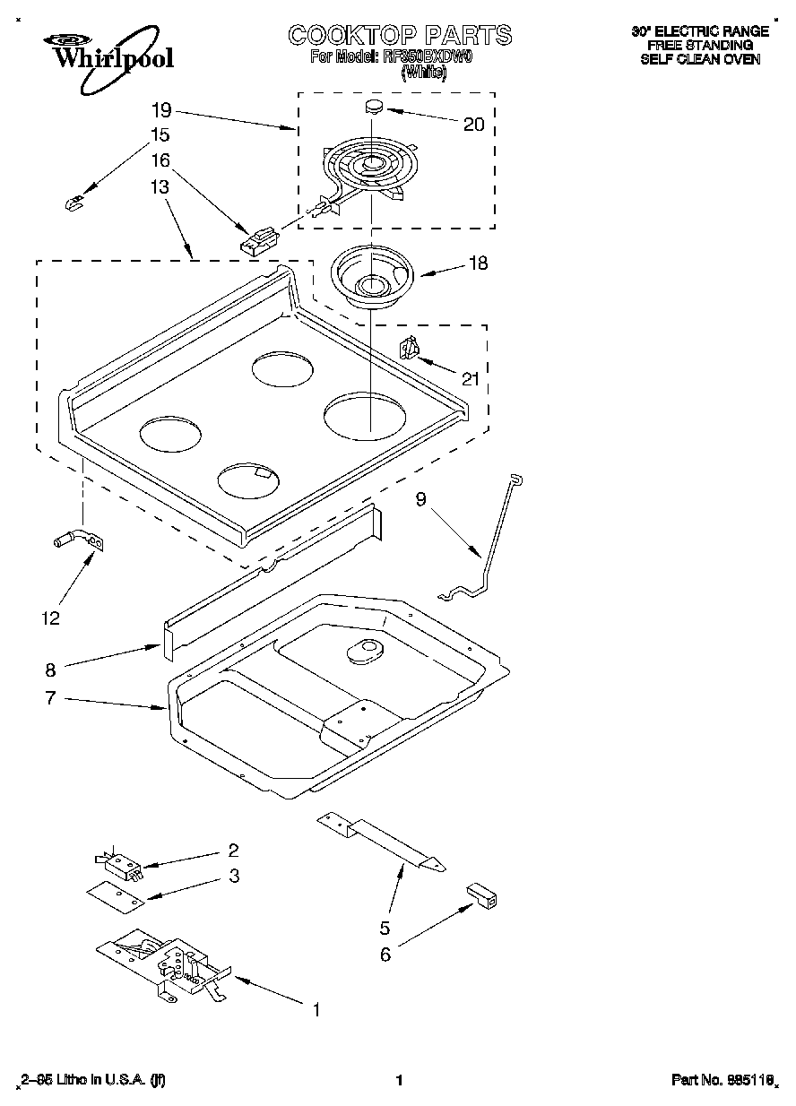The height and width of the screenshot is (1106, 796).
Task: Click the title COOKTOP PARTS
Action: pyautogui.click(x=400, y=35)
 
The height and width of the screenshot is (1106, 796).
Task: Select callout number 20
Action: pyautogui.click(x=473, y=125)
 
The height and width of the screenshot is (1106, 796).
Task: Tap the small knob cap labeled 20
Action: pyautogui.click(x=374, y=108)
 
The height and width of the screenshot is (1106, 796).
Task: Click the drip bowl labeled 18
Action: pyautogui.click(x=370, y=274)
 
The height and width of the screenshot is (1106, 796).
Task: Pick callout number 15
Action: pyautogui.click(x=160, y=135)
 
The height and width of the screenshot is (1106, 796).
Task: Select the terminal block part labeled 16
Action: pyautogui.click(x=258, y=241)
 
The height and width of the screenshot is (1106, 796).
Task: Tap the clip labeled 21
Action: pyautogui.click(x=409, y=348)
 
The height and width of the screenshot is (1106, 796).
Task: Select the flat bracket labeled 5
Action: pyautogui.click(x=382, y=841)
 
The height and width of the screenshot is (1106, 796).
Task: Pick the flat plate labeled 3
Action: pyautogui.click(x=114, y=893)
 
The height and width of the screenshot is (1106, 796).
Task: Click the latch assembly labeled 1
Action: pyautogui.click(x=170, y=963)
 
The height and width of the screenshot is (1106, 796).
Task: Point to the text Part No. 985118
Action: pyautogui.click(x=722, y=1081)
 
